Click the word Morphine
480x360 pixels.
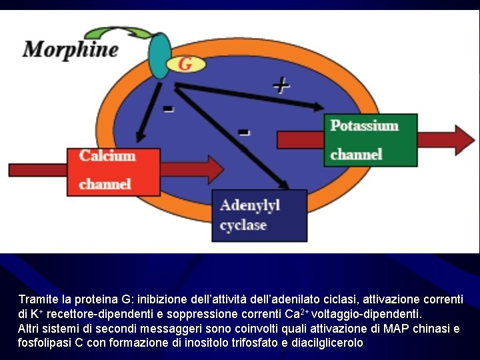point(71,50)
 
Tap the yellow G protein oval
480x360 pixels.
point(185,64)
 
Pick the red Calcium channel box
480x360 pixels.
point(113,171)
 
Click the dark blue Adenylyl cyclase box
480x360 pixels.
point(259,215)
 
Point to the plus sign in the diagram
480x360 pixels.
point(281,85)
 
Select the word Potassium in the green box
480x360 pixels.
point(365,126)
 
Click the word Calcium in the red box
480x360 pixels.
point(107,156)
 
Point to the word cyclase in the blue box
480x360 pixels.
point(243,225)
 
